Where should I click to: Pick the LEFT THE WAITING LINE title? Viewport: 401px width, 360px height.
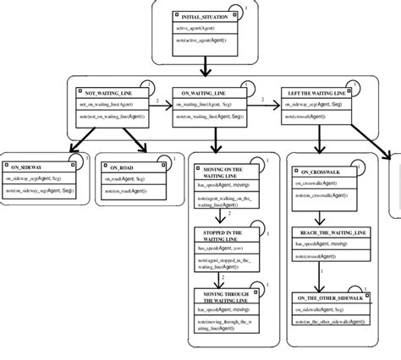click(x=316, y=90)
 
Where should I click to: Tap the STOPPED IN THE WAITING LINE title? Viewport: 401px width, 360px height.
click(x=224, y=234)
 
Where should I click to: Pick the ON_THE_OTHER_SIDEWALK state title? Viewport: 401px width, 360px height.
click(x=332, y=297)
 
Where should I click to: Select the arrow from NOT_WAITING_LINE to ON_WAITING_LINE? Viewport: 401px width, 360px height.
click(x=157, y=108)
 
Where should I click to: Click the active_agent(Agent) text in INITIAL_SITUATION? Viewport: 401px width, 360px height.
click(x=206, y=28)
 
